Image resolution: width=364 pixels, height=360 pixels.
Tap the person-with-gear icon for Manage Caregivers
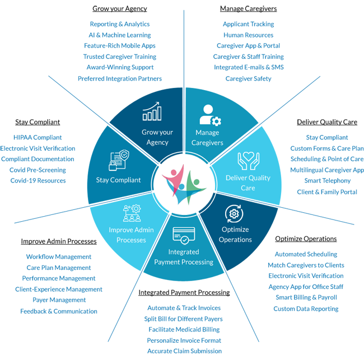pos(210,114)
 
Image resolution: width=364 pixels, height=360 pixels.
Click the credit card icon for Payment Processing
pos(184,235)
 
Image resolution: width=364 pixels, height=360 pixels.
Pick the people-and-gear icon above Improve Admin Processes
pos(131,213)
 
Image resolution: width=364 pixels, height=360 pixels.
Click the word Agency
pos(157,142)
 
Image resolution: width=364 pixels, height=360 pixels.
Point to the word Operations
pos(235,240)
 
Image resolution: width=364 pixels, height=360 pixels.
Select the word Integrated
pos(184,253)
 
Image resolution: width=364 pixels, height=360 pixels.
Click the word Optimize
pos(235,230)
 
